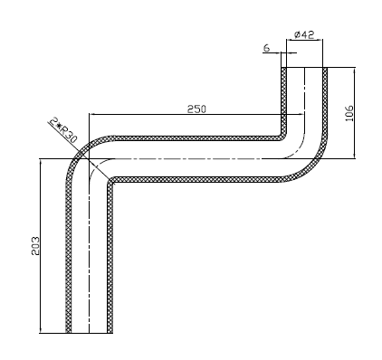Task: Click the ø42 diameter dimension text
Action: tap(304, 34)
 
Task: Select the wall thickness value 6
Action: tap(266, 48)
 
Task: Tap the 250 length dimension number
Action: tap(196, 109)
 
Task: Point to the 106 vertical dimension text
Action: tap(349, 113)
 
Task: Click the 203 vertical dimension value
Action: tap(35, 246)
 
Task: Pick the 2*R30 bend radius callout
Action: tap(63, 131)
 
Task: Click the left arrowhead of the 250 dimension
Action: tap(92, 114)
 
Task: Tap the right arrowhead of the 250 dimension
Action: tap(301, 114)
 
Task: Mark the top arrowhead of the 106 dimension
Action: tap(355, 71)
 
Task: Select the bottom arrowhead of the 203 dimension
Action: tap(40, 330)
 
